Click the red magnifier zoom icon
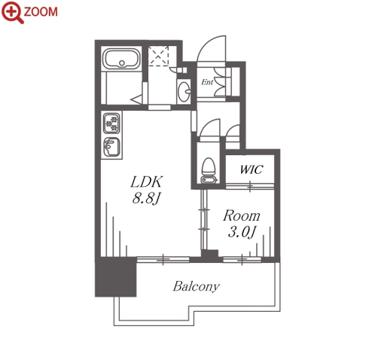[x=13, y=12]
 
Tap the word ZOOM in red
[x=41, y=12]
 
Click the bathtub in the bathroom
[x=122, y=58]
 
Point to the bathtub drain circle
[x=122, y=63]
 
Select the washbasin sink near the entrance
[x=184, y=91]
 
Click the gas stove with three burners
[x=111, y=123]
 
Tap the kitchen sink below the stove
[x=111, y=146]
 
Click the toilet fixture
[x=209, y=170]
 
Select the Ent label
[x=207, y=82]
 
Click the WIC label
[x=252, y=169]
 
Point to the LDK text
[x=147, y=182]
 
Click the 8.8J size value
[x=146, y=199]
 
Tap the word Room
[x=242, y=216]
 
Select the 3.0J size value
[x=242, y=232]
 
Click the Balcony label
[x=197, y=286]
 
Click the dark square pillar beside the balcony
[x=116, y=276]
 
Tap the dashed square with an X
[x=158, y=56]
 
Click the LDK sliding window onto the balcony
[x=163, y=260]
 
